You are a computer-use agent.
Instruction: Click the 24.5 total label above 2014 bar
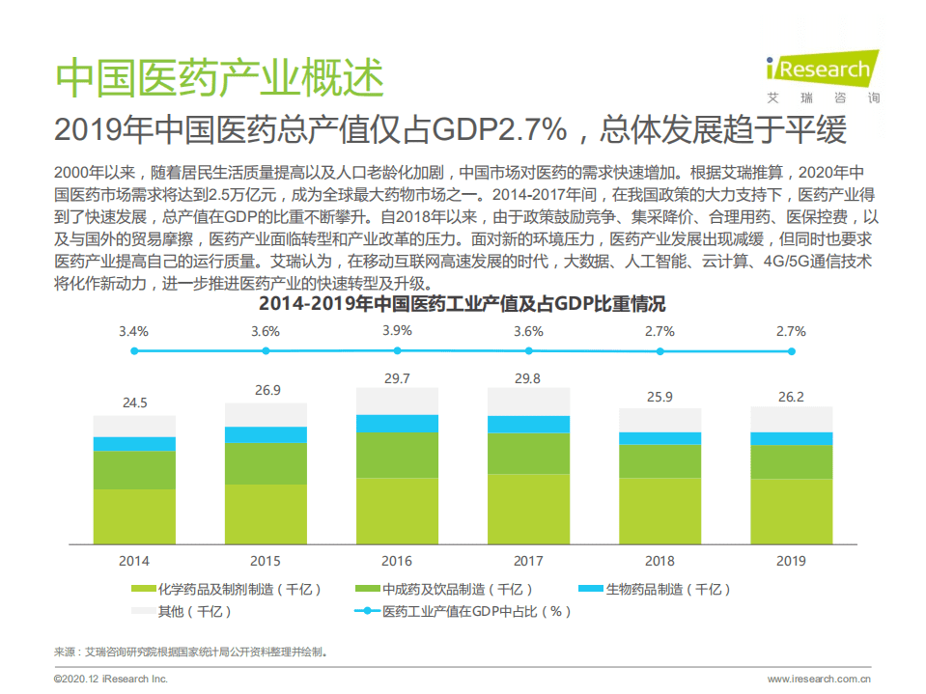[x=134, y=403]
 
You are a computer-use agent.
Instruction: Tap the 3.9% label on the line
[x=397, y=330]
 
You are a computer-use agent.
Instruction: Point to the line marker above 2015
[x=266, y=351]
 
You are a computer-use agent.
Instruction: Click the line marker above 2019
[x=792, y=351]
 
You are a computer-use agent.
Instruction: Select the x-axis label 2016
[x=397, y=561]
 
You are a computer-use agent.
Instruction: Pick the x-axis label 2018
[x=659, y=561]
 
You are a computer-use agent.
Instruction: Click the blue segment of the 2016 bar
[x=397, y=423]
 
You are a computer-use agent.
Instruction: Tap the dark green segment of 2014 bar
[x=134, y=470]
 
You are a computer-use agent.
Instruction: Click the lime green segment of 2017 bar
[x=528, y=508]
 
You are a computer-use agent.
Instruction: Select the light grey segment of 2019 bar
[x=792, y=419]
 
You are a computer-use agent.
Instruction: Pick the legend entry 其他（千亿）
[x=182, y=611]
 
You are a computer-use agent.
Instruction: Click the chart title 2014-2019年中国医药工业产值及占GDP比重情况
[x=463, y=304]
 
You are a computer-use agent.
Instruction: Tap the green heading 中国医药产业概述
[x=219, y=78]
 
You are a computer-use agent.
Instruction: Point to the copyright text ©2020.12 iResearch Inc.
[x=111, y=680]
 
